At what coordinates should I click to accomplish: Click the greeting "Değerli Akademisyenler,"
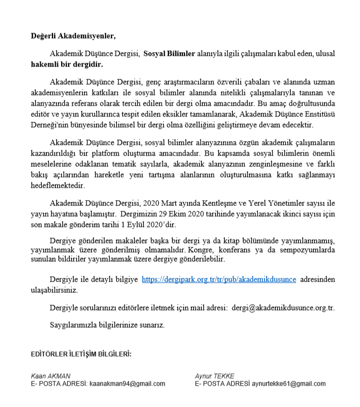(x=72, y=36)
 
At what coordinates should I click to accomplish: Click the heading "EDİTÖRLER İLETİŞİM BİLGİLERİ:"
(x=81, y=355)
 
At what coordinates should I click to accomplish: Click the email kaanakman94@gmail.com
(x=127, y=384)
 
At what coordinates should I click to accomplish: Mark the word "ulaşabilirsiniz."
(x=55, y=290)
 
